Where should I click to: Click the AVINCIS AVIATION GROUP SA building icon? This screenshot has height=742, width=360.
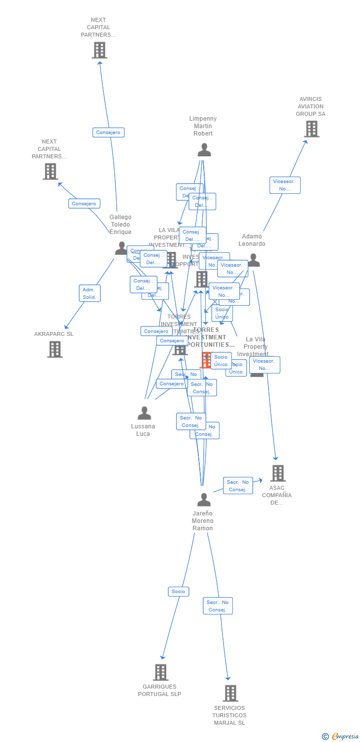tap(312, 129)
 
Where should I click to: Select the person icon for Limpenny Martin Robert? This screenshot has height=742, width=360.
tap(204, 150)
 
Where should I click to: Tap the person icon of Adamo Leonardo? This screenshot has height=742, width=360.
tap(254, 260)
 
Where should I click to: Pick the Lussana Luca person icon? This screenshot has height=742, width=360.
tap(144, 413)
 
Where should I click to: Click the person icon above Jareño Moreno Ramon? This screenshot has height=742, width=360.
tap(204, 500)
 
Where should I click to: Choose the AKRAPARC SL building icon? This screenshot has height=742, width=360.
tap(54, 349)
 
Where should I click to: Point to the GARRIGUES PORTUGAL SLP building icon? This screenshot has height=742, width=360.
tap(160, 672)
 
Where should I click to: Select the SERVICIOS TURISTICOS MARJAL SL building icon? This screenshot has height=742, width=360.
tap(230, 693)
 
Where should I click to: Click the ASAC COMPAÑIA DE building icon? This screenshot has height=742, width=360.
tap(278, 473)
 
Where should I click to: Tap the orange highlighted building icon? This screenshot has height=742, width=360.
tap(206, 360)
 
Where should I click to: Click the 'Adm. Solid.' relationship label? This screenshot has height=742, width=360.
tap(90, 293)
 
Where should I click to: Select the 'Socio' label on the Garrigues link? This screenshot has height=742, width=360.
tap(178, 592)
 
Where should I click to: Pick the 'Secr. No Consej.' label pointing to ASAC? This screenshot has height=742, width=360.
tap(237, 486)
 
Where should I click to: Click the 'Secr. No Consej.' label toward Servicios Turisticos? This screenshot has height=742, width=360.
tap(218, 606)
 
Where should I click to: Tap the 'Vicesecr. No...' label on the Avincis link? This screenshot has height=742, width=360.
tap(284, 185)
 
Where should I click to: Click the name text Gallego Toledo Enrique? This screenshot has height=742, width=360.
tap(121, 225)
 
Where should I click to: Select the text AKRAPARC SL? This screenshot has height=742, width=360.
tap(53, 334)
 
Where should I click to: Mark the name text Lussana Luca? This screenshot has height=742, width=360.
tap(143, 430)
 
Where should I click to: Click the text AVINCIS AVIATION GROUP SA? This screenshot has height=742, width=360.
tap(311, 106)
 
